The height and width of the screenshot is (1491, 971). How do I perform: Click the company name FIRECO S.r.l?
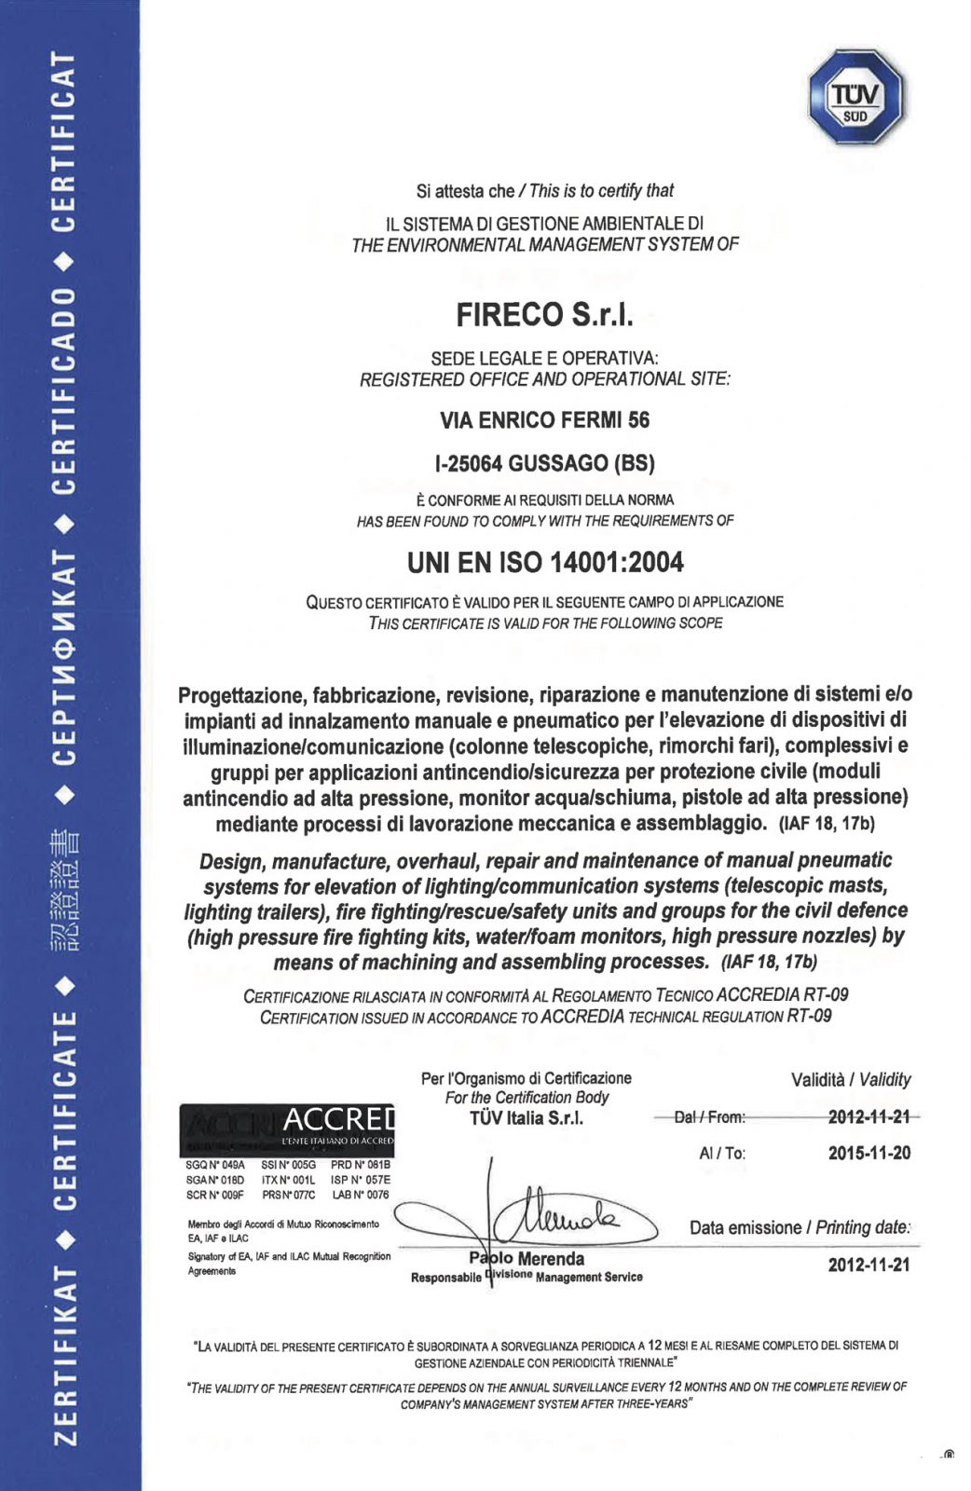click(x=544, y=315)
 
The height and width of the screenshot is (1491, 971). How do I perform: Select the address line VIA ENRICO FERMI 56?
click(x=544, y=420)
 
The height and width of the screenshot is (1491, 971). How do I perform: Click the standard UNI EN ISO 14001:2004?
click(x=545, y=563)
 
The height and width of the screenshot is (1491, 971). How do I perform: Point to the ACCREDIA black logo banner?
click(x=287, y=1129)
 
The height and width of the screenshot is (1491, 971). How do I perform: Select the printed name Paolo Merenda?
click(x=527, y=1259)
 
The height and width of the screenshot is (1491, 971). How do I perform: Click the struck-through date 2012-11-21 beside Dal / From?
click(x=868, y=1116)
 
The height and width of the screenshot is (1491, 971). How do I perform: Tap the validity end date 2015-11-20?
click(x=868, y=1153)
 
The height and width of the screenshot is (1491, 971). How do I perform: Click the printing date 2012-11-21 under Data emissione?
click(x=868, y=1265)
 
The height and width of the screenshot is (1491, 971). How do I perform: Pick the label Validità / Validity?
click(x=850, y=1080)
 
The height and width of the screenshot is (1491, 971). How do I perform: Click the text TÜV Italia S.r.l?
click(x=527, y=1118)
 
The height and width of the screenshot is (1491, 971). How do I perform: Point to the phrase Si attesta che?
click(x=464, y=191)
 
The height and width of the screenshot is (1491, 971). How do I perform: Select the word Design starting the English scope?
click(x=231, y=861)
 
